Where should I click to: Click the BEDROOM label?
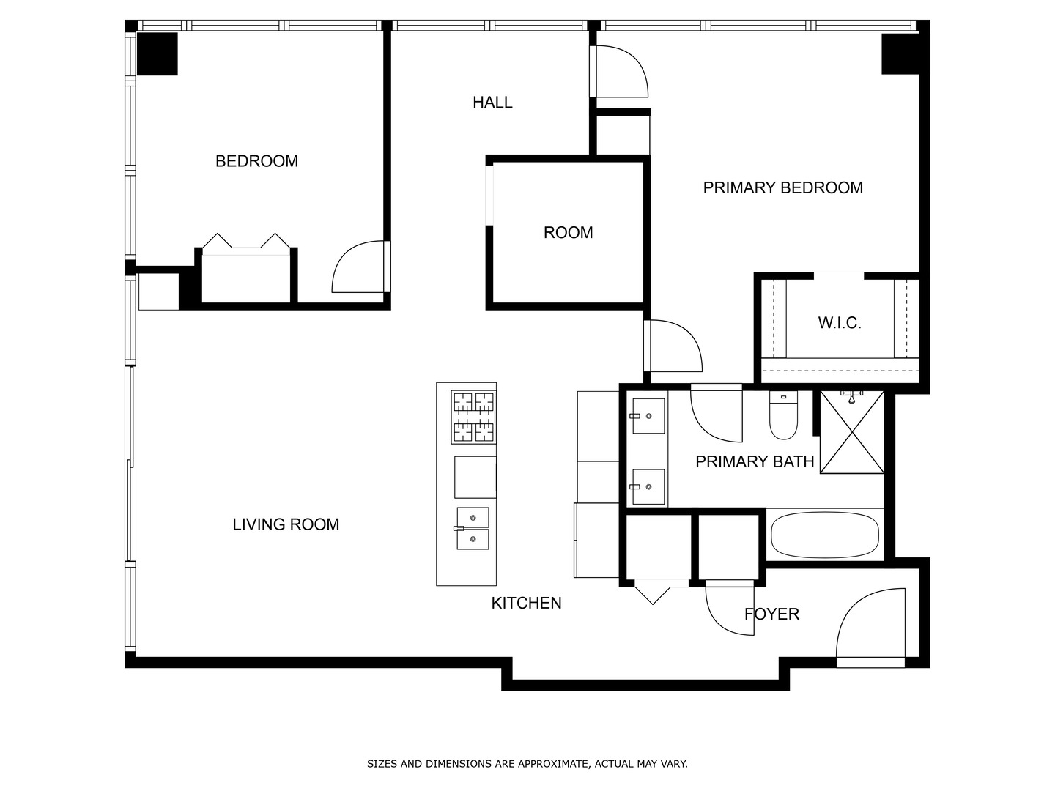tap(256, 161)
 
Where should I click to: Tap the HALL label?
tap(492, 103)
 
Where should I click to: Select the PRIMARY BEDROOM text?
tap(782, 188)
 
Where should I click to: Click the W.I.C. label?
tap(839, 323)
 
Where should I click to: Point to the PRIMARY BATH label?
tap(755, 462)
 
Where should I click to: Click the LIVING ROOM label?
tap(286, 524)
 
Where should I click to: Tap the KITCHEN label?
tap(526, 604)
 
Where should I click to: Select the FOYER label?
tap(771, 614)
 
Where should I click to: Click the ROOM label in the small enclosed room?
tap(568, 233)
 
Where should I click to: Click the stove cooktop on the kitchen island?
tap(473, 417)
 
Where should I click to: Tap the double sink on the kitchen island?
tap(473, 528)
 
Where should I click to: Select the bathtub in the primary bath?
tap(825, 535)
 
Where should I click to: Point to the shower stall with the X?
tap(851, 433)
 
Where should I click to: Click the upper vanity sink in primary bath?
tap(648, 416)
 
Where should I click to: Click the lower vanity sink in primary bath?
tap(648, 487)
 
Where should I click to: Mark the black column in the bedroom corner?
tap(158, 53)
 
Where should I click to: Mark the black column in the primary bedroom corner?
tap(900, 53)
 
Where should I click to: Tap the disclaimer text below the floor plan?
tap(527, 764)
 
